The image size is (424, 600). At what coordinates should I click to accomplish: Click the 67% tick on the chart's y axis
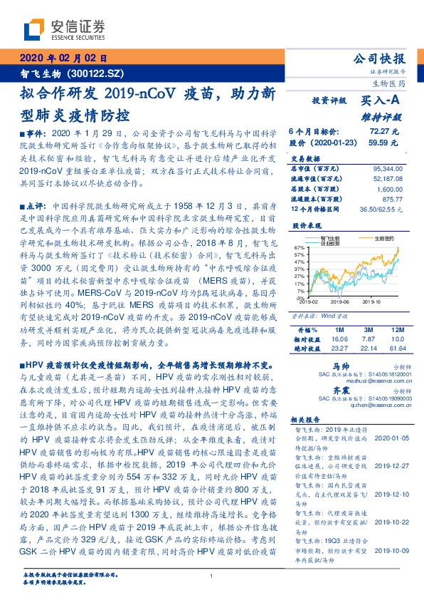coord(300,247)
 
